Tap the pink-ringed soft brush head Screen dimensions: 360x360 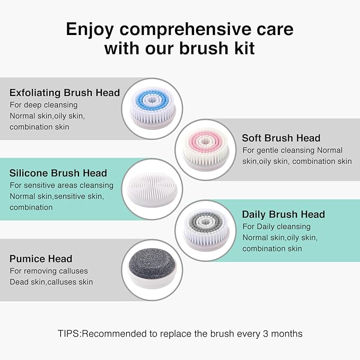[x=206, y=149]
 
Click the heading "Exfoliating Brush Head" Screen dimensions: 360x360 [x=65, y=93]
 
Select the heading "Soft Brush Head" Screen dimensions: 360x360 [x=281, y=138]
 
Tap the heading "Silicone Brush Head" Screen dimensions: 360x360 [x=58, y=173]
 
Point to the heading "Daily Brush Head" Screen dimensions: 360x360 [x=283, y=215]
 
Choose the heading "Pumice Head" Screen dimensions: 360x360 [x=41, y=259]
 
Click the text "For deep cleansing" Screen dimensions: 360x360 [x=43, y=105]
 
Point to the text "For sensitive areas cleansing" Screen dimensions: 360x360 [x=62, y=186]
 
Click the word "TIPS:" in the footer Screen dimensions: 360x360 [x=69, y=334]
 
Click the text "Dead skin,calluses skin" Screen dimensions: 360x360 [x=51, y=282]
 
